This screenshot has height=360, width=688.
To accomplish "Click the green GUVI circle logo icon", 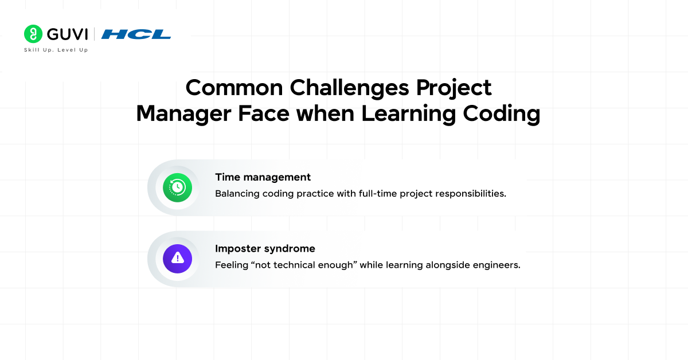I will point(33,34).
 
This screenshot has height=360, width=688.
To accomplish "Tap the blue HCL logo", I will point(136,34).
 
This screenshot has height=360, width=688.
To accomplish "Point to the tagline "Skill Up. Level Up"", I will point(56,50).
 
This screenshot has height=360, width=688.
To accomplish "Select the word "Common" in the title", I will point(234,88).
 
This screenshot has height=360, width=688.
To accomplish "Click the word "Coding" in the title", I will point(501,114).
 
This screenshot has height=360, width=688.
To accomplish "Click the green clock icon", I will point(177,187).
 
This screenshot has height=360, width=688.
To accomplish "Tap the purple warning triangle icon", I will point(177,259).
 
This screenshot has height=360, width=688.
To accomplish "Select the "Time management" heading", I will point(263,177).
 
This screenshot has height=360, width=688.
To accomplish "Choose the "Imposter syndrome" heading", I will point(265,249).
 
